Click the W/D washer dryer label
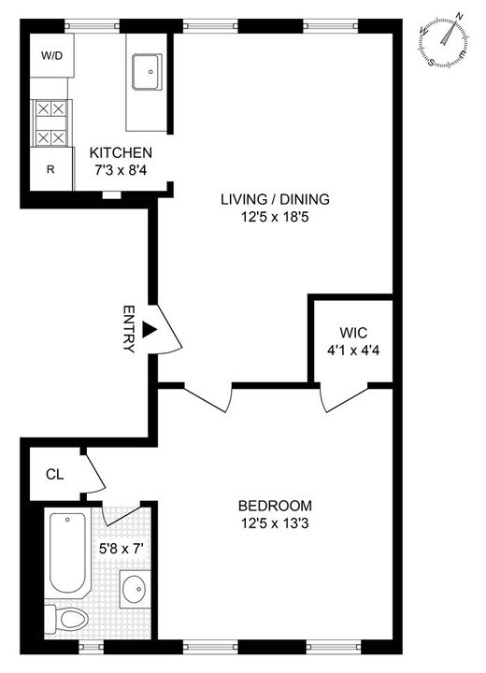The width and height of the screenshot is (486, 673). pyautogui.click(x=50, y=55)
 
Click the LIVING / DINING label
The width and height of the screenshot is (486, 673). pyautogui.click(x=275, y=199)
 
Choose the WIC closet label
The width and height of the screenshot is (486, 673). pyautogui.click(x=352, y=331)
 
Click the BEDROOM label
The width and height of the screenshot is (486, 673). pyautogui.click(x=275, y=506)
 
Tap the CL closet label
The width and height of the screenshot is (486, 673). pyautogui.click(x=54, y=473)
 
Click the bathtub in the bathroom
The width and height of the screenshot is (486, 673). pyautogui.click(x=67, y=553)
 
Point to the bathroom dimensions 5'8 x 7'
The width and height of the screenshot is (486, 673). pyautogui.click(x=122, y=549)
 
